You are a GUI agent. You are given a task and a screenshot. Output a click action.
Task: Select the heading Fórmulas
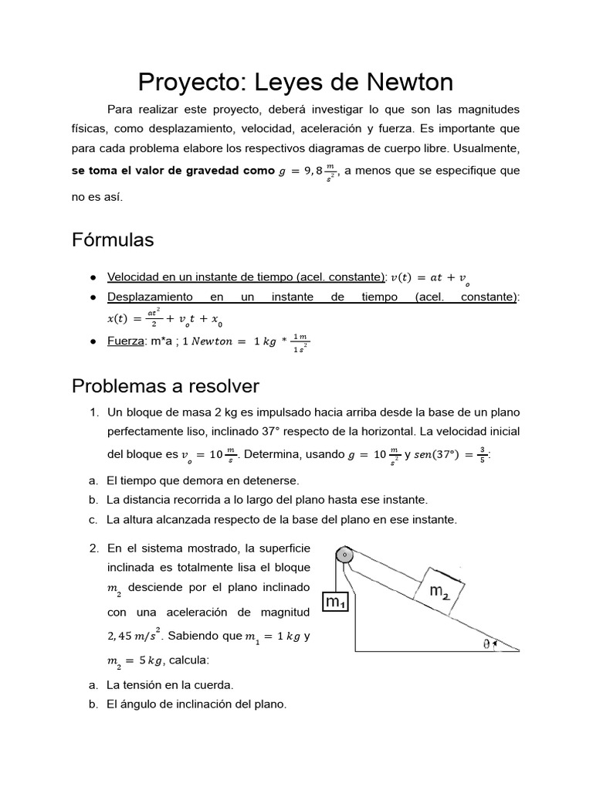tap(113, 240)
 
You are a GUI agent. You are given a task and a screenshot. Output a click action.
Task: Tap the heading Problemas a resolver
tap(165, 385)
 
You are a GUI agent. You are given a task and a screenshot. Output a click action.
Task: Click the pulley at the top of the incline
tap(344, 555)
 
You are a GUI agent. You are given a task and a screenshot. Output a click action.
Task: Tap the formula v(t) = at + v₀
tap(429, 277)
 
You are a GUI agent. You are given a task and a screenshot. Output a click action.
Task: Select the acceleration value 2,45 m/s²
tap(133, 637)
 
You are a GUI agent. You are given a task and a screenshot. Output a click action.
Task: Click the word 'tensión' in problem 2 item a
tap(158, 684)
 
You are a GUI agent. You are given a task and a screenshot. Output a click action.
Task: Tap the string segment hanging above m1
tap(335, 575)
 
